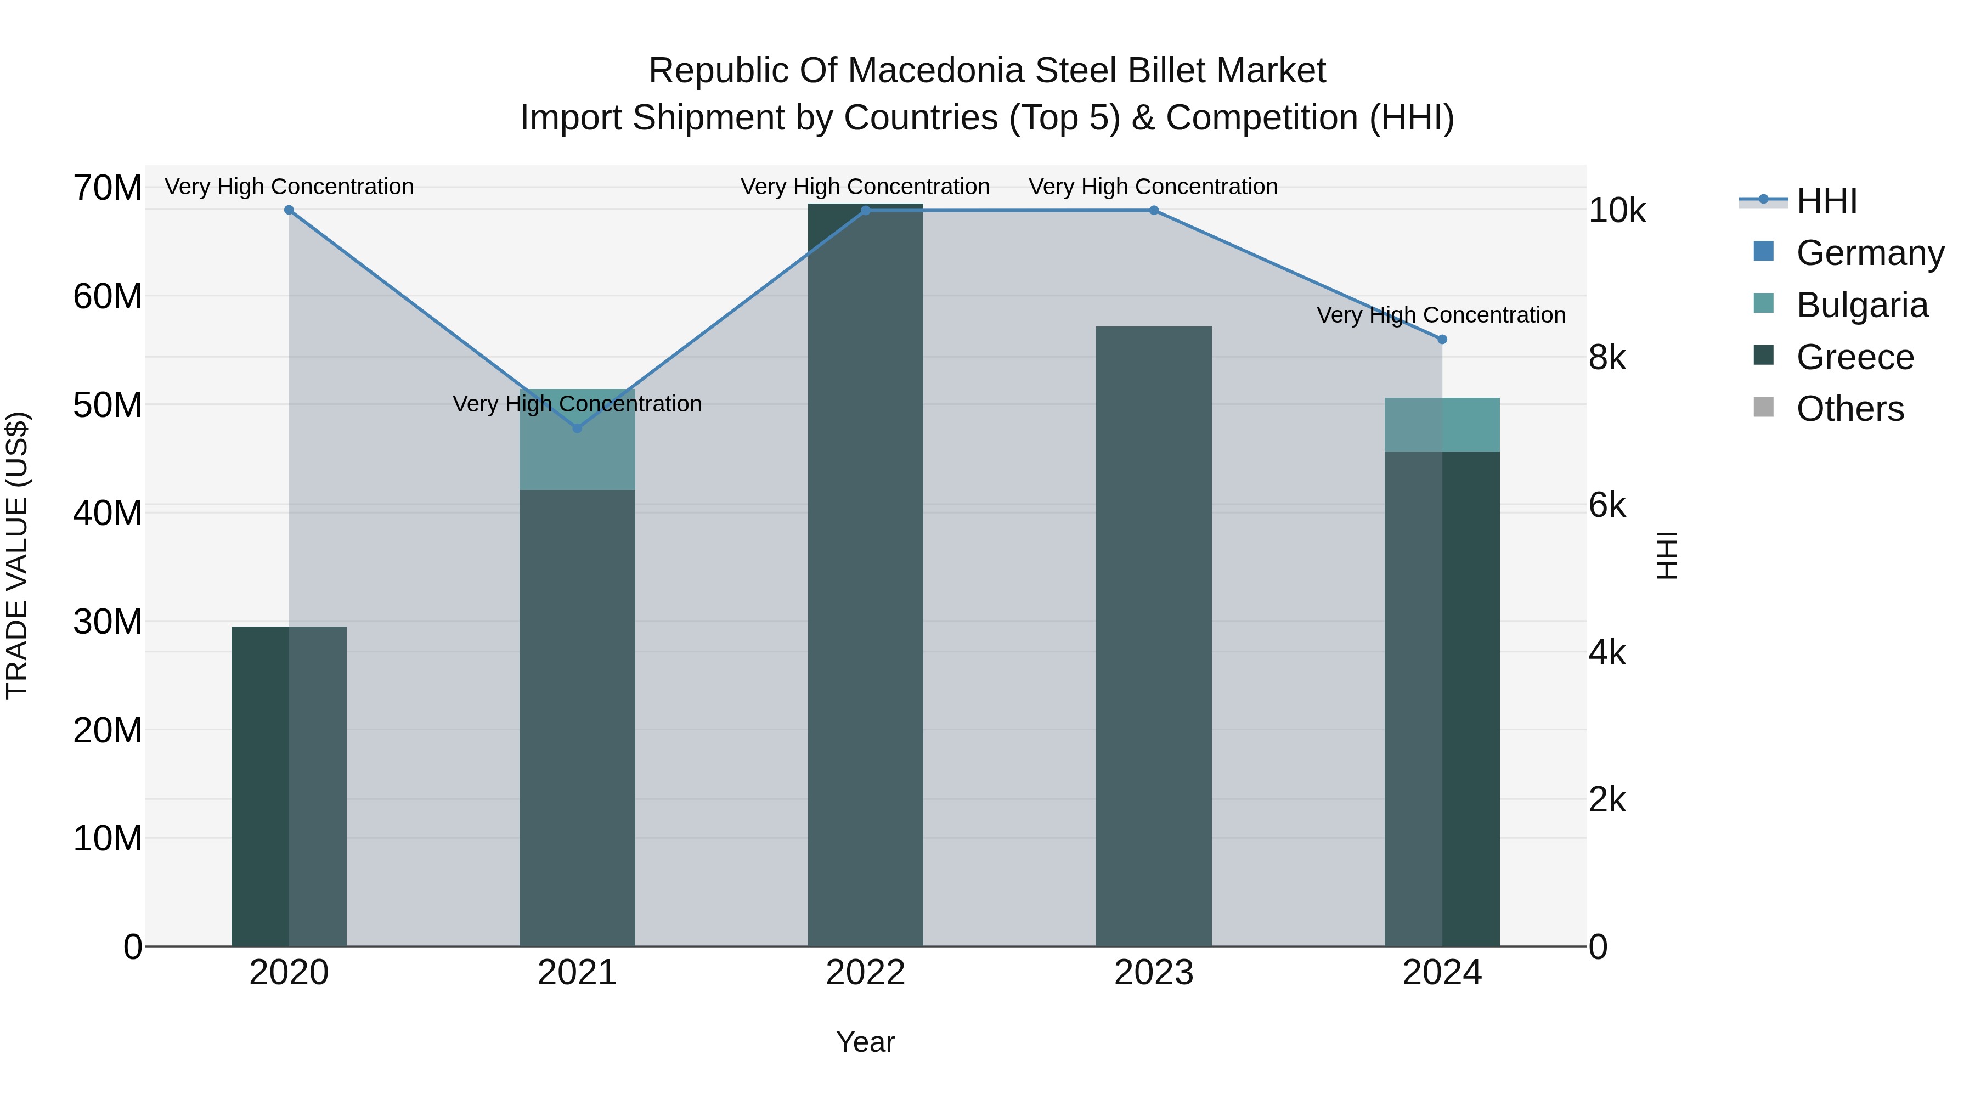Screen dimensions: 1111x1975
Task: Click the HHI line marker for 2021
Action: (577, 428)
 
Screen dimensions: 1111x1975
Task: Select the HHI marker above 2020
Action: (289, 210)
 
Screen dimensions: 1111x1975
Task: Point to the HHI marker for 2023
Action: (1154, 211)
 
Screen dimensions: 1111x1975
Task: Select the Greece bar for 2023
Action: (1154, 636)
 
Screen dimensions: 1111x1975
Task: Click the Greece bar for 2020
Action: (289, 786)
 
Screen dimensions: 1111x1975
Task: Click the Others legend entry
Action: (1849, 409)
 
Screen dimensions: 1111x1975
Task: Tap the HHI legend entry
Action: (1826, 201)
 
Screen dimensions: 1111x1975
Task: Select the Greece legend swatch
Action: (1763, 356)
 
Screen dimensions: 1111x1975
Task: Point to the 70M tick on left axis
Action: (108, 188)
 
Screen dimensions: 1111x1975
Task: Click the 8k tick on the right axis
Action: (1607, 357)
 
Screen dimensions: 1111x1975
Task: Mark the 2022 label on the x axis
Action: (866, 973)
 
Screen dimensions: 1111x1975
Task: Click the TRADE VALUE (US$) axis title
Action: (17, 555)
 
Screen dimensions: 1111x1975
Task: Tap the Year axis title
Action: (866, 1042)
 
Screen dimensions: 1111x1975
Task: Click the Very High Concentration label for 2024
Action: (1441, 315)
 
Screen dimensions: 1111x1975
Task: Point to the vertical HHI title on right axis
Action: (1667, 555)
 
